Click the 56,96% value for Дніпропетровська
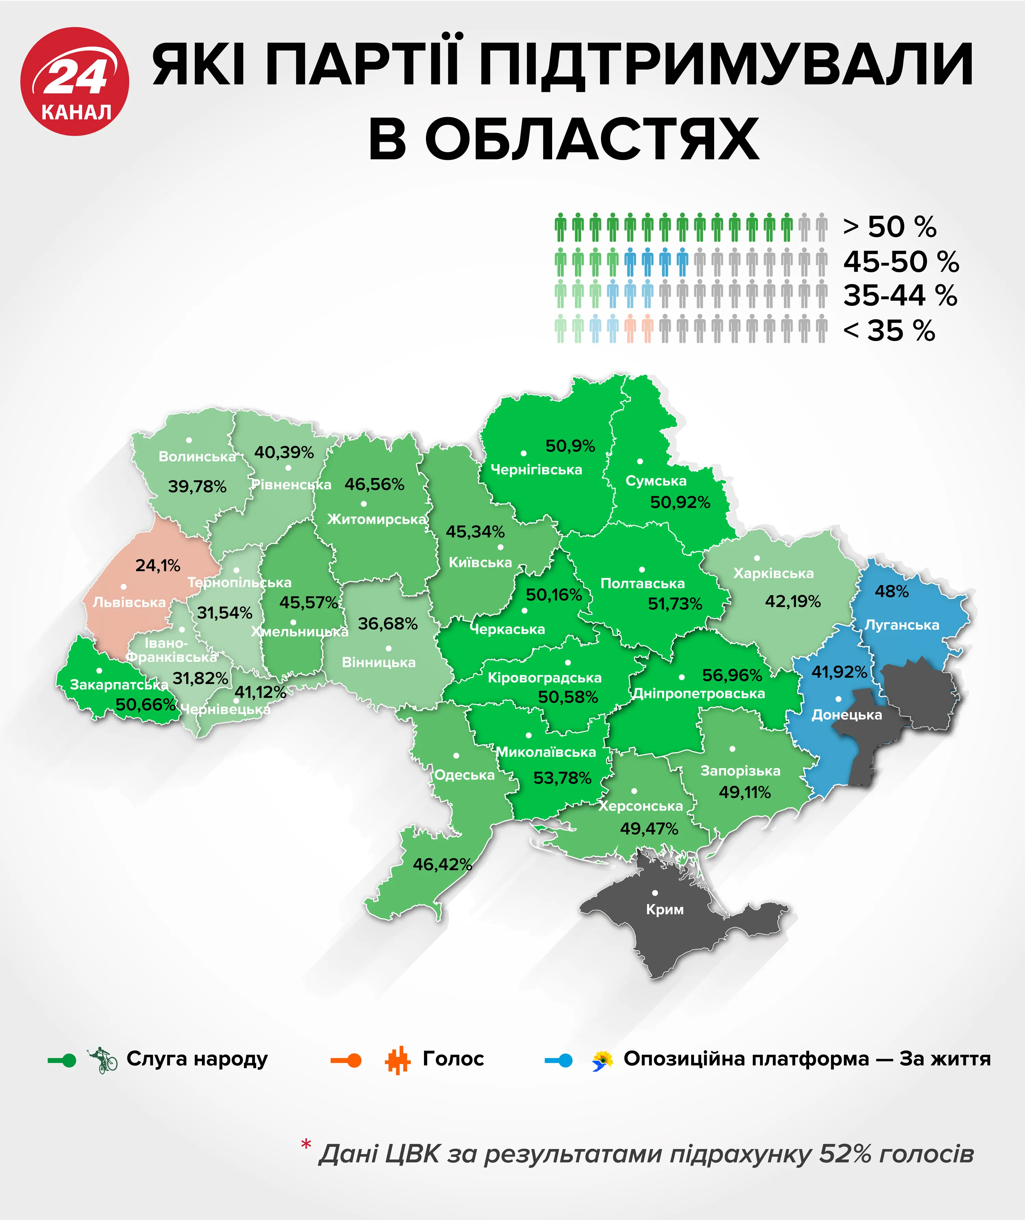(x=732, y=675)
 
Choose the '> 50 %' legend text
(x=890, y=227)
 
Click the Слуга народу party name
(x=197, y=1059)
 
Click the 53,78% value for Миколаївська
(x=562, y=778)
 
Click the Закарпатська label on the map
(x=119, y=685)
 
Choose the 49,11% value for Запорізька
(x=744, y=792)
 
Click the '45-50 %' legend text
(x=901, y=261)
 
